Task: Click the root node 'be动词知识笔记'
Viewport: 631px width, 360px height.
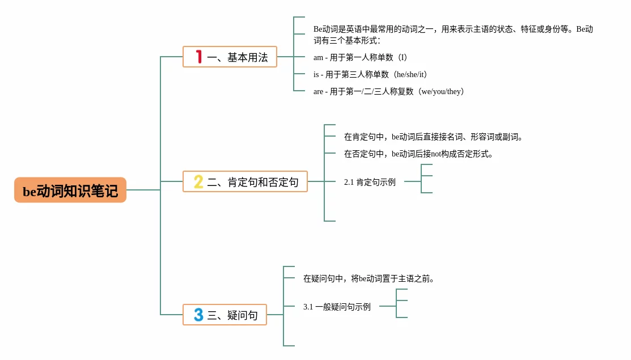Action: point(70,190)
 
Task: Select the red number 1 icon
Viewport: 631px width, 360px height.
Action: point(198,57)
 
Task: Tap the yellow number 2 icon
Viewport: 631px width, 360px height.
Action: point(198,181)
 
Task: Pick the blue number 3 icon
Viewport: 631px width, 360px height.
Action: point(198,315)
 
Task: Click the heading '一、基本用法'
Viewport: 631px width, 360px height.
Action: point(238,57)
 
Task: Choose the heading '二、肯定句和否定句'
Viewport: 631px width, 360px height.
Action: point(253,182)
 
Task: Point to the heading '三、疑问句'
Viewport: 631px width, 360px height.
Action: point(232,315)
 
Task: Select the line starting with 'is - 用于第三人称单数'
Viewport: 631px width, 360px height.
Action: point(371,74)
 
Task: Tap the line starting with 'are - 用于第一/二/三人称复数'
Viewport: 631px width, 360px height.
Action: point(389,91)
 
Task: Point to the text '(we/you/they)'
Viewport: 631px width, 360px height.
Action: point(441,91)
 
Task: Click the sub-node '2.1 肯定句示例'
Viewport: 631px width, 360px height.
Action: point(370,182)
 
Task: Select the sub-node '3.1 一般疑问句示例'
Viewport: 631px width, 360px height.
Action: point(337,307)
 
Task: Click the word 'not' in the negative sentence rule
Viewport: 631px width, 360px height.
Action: point(436,154)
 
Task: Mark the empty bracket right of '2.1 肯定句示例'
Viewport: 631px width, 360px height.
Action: point(421,179)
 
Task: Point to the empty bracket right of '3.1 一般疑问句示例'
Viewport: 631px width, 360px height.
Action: point(396,303)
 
